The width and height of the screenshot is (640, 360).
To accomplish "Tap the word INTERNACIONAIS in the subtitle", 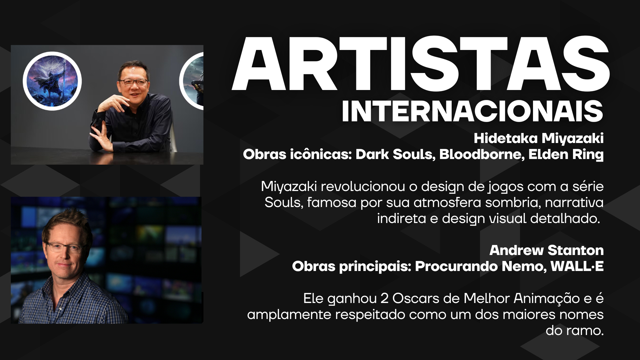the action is pos(473,111).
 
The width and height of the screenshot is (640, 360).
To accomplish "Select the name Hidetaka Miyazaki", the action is pos(539,138).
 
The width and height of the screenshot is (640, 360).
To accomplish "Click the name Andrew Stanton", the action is pos(546,250).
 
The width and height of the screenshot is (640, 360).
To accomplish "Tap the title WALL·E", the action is pos(577,266).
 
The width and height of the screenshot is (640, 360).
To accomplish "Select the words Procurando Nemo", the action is pos(480,267).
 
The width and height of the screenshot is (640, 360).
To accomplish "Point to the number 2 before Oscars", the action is pos(384,299).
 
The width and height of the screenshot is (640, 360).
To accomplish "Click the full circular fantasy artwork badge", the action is pos(52,81).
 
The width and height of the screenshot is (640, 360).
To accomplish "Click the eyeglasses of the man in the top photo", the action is pos(133,81).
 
